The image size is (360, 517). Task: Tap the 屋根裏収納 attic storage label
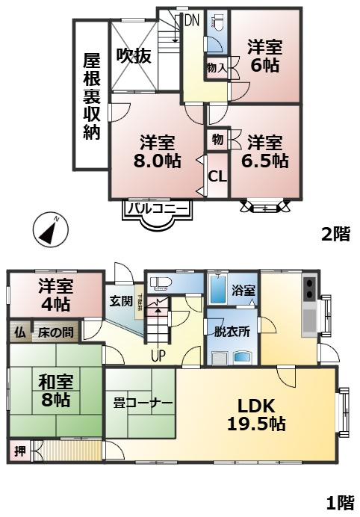91,95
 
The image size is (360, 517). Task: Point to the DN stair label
191,21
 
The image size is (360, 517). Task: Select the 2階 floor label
335,234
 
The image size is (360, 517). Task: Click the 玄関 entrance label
120,301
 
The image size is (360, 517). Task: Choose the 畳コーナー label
143,403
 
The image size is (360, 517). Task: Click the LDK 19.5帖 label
256,414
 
